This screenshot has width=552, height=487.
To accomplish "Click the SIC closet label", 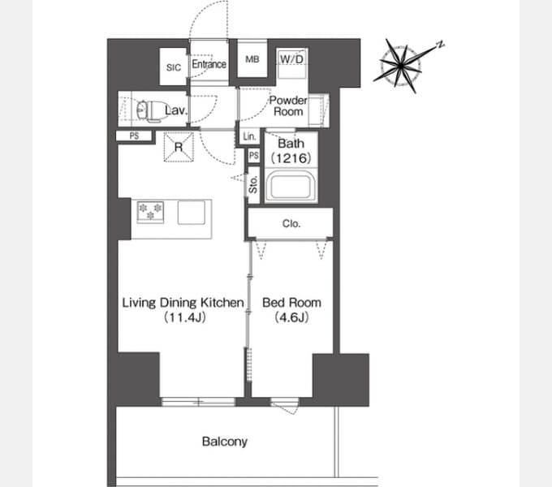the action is [x=174, y=67].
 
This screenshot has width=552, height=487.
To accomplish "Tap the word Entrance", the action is [x=209, y=64].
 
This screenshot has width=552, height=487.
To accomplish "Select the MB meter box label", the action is [x=252, y=59].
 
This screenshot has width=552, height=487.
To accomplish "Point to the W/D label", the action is [x=291, y=58].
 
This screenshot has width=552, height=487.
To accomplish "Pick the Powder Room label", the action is [x=288, y=106].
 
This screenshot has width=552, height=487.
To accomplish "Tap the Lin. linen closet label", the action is [x=249, y=136].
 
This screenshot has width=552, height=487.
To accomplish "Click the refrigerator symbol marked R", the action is [x=179, y=147].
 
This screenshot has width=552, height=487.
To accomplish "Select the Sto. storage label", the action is [x=253, y=184].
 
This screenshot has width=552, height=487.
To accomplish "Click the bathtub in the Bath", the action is [x=291, y=185].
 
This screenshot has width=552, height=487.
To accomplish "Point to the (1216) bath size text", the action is [x=291, y=158].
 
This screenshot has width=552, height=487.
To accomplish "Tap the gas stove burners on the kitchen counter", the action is [x=151, y=212].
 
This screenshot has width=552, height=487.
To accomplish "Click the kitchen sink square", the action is [x=191, y=212].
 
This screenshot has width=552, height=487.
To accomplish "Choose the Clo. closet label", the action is [x=291, y=223].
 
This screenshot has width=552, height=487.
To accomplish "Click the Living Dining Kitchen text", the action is [x=183, y=303].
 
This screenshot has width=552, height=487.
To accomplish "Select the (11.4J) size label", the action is [x=184, y=317].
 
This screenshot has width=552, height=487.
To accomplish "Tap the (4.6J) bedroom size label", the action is [x=292, y=317].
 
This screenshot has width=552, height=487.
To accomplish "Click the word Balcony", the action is [x=225, y=442].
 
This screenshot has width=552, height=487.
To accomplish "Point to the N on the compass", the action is [x=440, y=45].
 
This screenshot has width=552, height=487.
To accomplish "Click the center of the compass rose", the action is [x=401, y=66].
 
